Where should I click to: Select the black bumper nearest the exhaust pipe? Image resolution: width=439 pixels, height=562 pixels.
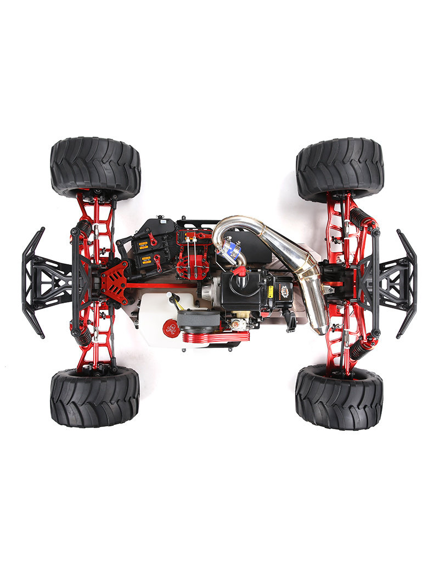pyautogui.click(x=406, y=283)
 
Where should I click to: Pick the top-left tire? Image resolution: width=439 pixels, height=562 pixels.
pyautogui.click(x=95, y=167)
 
